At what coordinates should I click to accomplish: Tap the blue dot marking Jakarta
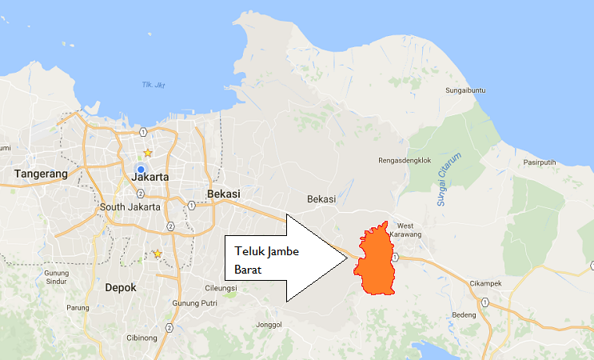point(140,169)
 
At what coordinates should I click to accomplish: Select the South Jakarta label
point(130,206)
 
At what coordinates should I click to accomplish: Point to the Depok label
point(121,287)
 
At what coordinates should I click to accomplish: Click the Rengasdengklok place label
point(404,160)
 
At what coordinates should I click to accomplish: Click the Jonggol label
point(269,324)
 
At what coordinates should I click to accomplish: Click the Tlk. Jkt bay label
point(152,86)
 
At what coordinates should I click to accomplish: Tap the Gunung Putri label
point(195,303)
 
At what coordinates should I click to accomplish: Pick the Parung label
point(78,307)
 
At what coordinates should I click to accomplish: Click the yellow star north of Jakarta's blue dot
point(147,152)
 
